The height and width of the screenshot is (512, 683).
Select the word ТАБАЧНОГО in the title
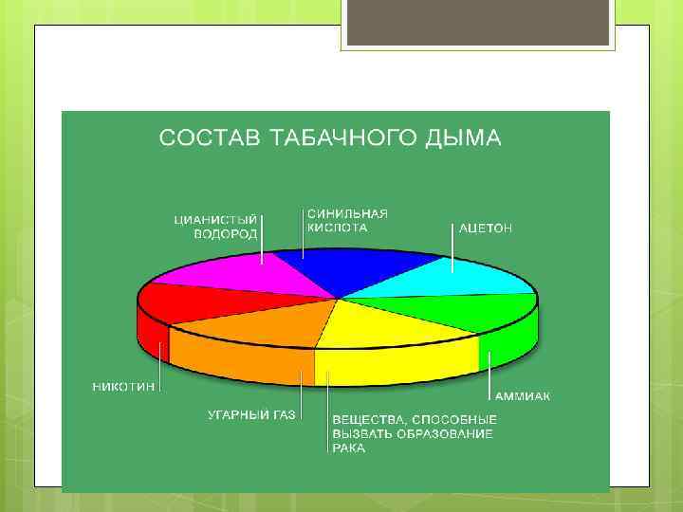click(342, 138)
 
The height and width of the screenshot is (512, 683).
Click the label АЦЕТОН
click(485, 229)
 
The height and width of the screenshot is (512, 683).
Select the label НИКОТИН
click(124, 387)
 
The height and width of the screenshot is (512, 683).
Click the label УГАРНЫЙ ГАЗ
click(251, 414)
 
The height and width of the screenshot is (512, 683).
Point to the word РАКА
click(348, 448)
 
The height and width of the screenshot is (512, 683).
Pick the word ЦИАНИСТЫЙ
click(215, 220)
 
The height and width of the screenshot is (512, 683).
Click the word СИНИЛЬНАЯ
click(347, 214)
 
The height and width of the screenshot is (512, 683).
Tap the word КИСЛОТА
click(337, 229)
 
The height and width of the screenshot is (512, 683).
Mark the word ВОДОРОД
click(226, 234)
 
